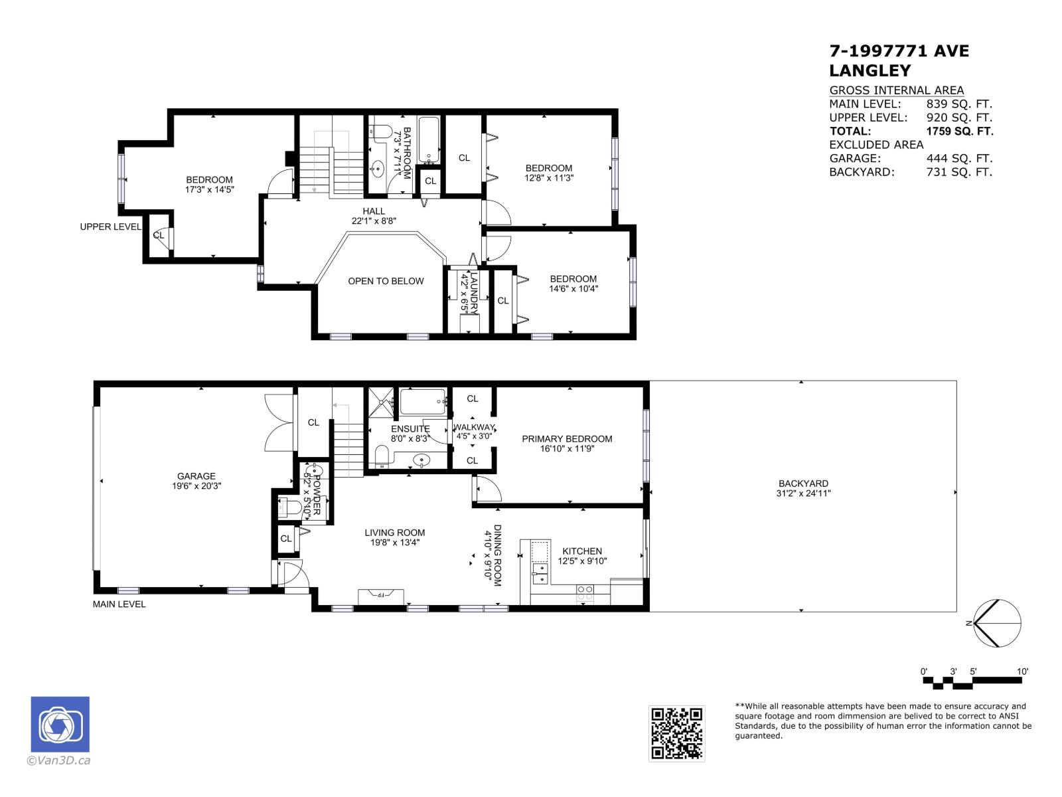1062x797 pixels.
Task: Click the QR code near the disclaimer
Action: tap(676, 733)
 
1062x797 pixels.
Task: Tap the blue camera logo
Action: tap(60, 725)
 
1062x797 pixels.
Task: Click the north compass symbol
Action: tap(996, 623)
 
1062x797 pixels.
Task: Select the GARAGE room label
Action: tap(196, 476)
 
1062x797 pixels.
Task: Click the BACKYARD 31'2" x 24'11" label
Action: tap(803, 488)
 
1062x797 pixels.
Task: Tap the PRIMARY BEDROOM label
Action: tap(567, 439)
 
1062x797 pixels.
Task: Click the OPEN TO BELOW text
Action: tap(386, 281)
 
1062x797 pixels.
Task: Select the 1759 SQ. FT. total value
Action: tap(960, 132)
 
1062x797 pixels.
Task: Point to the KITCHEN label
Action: tap(582, 551)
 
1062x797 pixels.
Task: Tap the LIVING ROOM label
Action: tap(394, 533)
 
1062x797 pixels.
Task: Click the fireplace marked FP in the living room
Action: tap(381, 595)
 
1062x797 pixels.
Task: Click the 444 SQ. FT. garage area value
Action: tap(959, 159)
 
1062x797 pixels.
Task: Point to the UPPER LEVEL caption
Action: tap(110, 226)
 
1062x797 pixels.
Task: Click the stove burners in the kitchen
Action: tap(585, 592)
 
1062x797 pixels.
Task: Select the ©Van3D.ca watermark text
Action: tap(58, 761)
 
